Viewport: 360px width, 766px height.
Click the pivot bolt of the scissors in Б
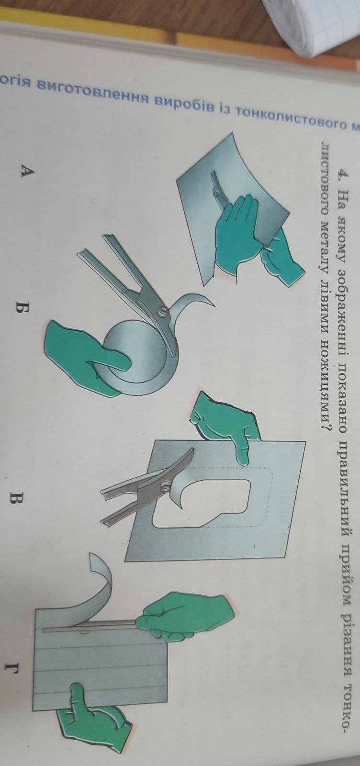point(163,311)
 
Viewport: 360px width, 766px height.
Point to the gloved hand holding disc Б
point(86,356)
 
